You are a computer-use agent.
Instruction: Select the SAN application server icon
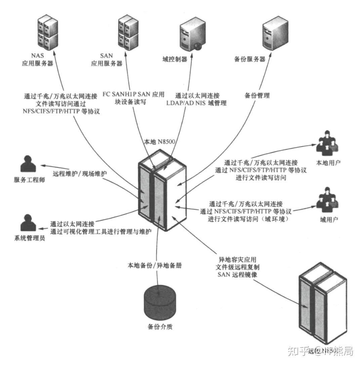pyautogui.click(x=128, y=33)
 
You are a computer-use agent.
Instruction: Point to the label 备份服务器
pyautogui.click(x=250, y=59)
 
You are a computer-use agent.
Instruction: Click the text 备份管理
pyautogui.click(x=257, y=96)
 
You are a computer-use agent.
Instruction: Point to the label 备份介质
pyautogui.click(x=160, y=327)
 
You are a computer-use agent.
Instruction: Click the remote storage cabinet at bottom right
pyautogui.click(x=319, y=308)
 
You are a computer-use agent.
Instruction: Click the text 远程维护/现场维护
pyautogui.click(x=80, y=174)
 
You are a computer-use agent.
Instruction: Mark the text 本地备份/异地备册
pyautogui.click(x=155, y=265)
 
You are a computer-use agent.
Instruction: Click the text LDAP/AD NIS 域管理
pyautogui.click(x=196, y=103)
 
